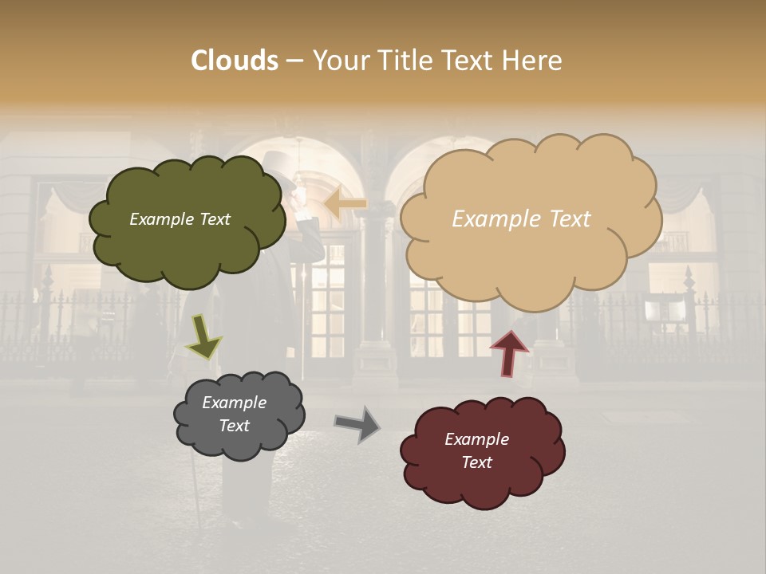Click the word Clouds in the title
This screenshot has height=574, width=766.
tap(235, 61)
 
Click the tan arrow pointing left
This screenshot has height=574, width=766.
tap(345, 204)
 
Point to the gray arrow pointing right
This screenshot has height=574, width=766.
tap(357, 423)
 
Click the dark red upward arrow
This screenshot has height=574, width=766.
tap(508, 353)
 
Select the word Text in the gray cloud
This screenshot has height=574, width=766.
tap(235, 426)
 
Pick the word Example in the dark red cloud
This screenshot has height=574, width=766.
tap(476, 439)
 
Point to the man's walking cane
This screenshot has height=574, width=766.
tap(196, 494)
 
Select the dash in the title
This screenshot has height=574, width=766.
tap(294, 61)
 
